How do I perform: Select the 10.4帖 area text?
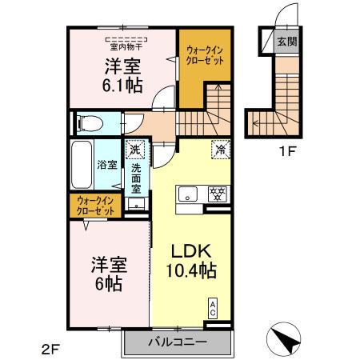190,272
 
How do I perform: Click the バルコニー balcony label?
178,341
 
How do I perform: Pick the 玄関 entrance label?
284,42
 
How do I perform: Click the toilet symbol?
89,123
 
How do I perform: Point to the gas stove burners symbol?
218,193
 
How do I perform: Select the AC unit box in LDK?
213,308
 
